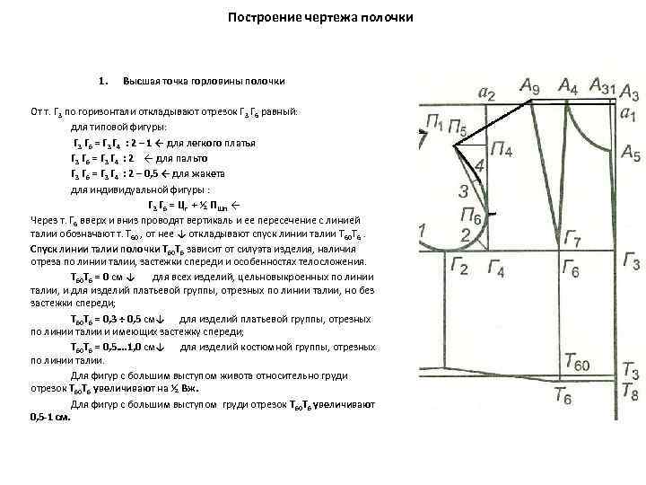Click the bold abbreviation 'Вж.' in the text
point(186,389)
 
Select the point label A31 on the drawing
point(603,86)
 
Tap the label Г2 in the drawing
point(458,268)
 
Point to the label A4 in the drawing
point(568,86)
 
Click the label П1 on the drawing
point(436,122)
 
